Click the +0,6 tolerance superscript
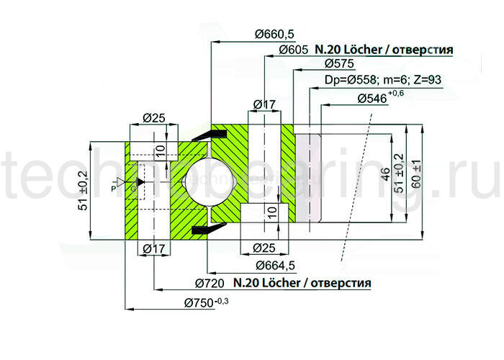point(396,94)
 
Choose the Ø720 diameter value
point(212,282)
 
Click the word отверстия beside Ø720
point(341,282)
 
